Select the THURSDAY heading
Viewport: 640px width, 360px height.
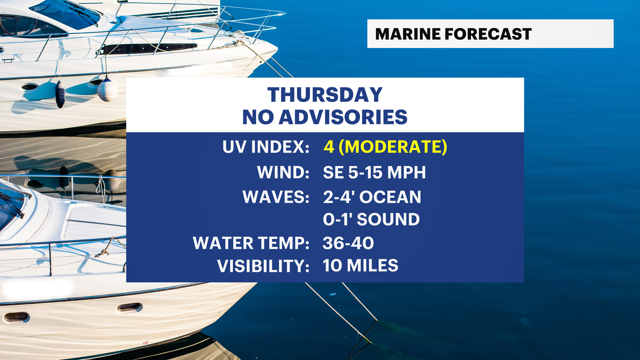(x=325, y=95)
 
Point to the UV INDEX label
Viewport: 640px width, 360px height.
(x=266, y=147)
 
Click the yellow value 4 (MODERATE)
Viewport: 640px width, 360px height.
(x=385, y=147)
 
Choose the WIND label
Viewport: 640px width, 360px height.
(x=283, y=172)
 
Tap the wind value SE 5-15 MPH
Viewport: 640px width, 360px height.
(x=374, y=172)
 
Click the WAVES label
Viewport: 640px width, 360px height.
(x=276, y=197)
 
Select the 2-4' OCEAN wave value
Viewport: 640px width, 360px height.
(x=372, y=197)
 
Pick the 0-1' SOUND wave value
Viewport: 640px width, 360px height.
(x=371, y=219)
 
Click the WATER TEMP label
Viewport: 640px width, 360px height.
(x=251, y=243)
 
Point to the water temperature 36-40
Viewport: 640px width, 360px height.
(x=348, y=243)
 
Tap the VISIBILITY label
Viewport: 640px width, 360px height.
(x=263, y=266)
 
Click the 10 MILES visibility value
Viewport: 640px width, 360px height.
(x=361, y=266)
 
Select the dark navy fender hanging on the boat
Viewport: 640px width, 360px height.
(x=60, y=94)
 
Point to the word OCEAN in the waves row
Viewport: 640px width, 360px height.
(x=390, y=197)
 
